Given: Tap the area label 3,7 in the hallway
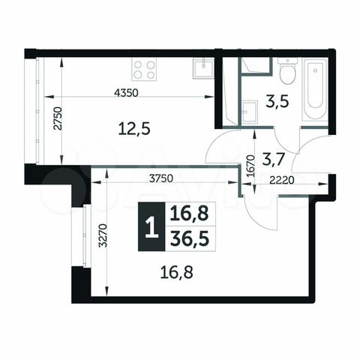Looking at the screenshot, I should pyautogui.click(x=269, y=157).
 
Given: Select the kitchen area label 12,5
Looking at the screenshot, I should pyautogui.click(x=135, y=128).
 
